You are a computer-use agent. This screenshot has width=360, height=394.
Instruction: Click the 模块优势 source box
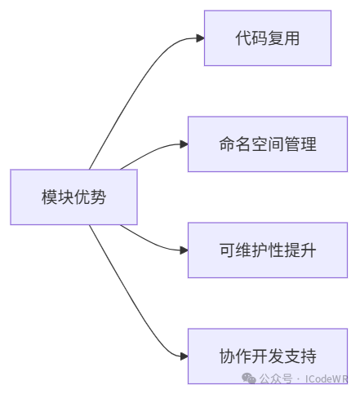[73, 197]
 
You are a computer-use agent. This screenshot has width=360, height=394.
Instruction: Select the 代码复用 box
[268, 38]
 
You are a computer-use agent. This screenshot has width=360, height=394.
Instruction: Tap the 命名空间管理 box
[268, 144]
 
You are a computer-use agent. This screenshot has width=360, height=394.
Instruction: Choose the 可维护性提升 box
[268, 250]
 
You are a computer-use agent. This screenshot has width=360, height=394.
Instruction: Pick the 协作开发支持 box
[268, 356]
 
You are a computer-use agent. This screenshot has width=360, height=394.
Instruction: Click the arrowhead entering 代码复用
[200, 38]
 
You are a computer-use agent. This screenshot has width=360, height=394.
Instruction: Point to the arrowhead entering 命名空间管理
[184, 144]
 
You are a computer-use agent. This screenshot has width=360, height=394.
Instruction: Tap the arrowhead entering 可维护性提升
[184, 250]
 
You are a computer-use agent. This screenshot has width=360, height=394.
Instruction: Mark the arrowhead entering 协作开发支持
[184, 356]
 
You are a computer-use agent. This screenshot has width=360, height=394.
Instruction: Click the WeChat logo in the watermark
[249, 379]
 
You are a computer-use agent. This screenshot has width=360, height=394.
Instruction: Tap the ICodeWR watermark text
[327, 379]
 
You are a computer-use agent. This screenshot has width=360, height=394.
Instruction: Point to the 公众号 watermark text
[276, 379]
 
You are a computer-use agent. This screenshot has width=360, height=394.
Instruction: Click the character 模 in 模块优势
[49, 197]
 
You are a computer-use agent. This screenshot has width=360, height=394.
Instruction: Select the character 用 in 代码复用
[291, 38]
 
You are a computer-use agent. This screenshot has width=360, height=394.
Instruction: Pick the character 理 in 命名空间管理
[309, 144]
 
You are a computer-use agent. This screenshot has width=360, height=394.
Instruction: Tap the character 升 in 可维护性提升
[309, 250]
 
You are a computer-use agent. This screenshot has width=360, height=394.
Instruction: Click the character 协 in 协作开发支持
[227, 356]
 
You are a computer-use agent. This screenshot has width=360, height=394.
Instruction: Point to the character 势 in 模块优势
[98, 197]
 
